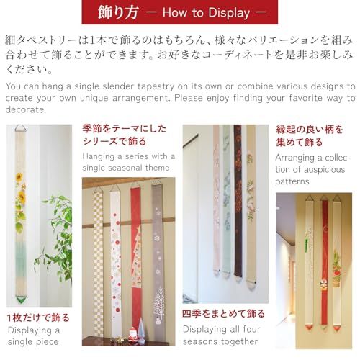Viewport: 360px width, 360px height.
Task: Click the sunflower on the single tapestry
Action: coord(22,195)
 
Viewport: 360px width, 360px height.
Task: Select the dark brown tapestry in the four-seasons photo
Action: coord(238,209)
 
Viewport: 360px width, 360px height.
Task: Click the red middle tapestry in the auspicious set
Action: coord(324,259)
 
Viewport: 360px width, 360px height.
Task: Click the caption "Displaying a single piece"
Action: coord(35,336)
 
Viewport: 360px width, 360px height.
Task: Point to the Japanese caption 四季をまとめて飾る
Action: coord(224,314)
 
